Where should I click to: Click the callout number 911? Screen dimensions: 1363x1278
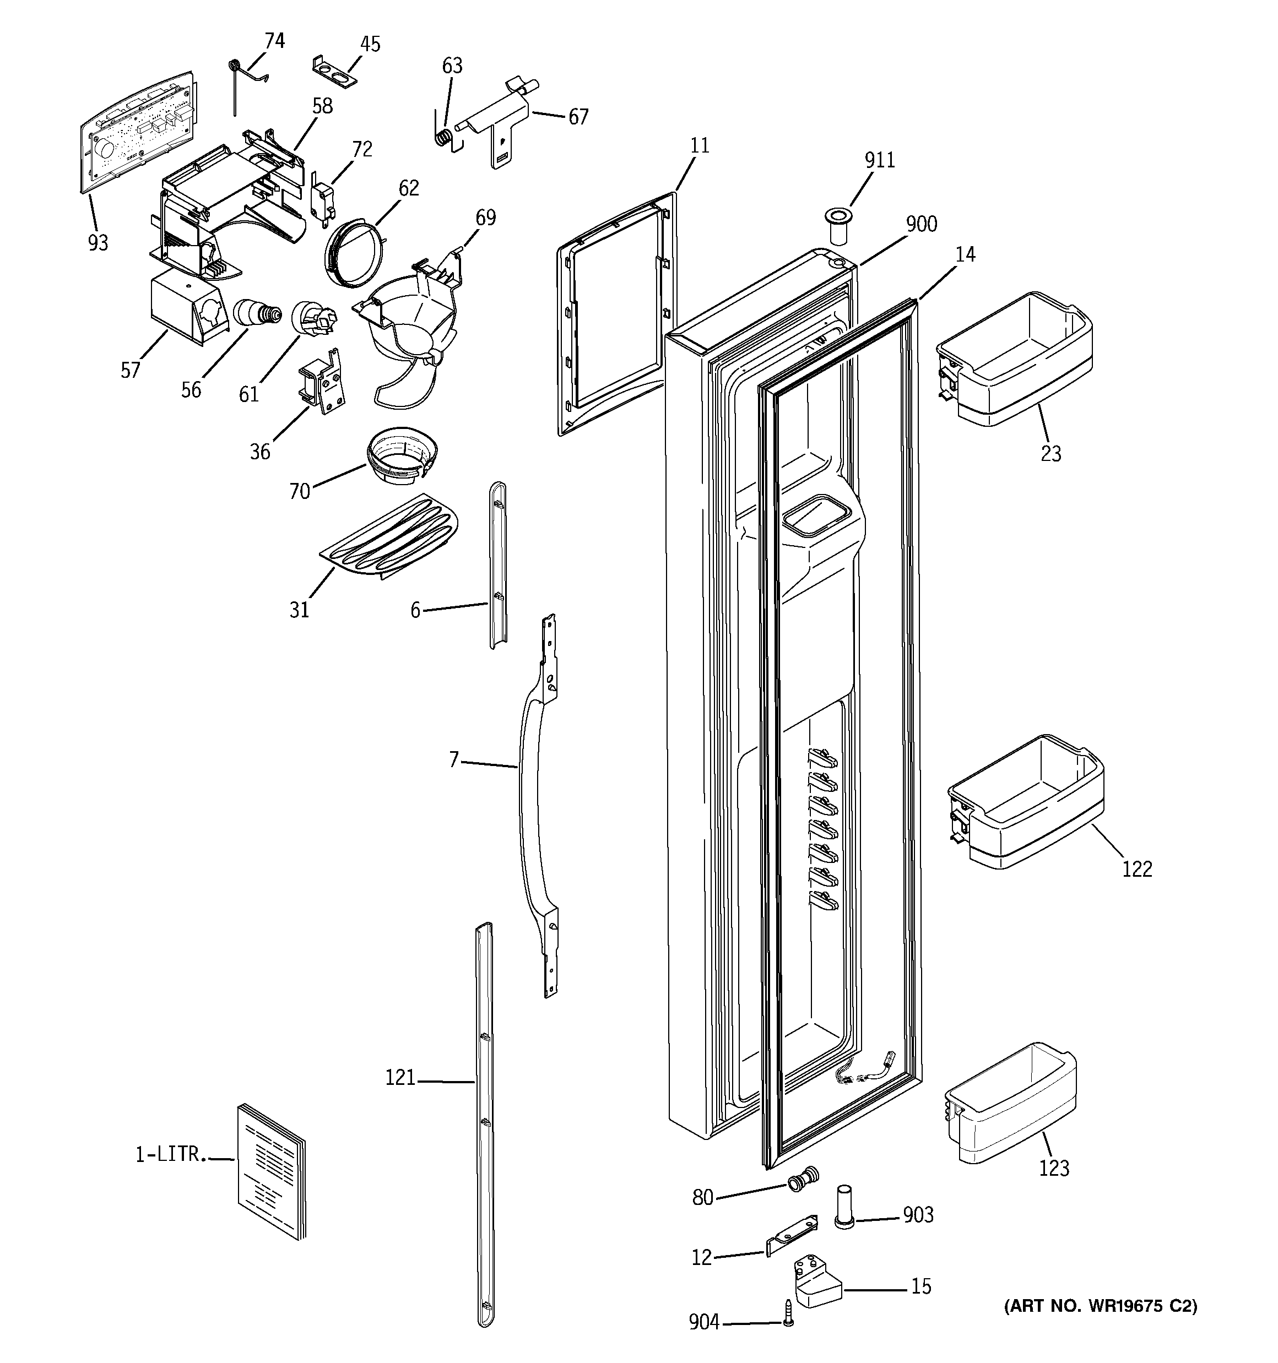[x=879, y=160]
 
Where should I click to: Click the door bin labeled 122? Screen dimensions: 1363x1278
[x=1026, y=802]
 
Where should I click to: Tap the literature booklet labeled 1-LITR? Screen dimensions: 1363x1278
[x=272, y=1170]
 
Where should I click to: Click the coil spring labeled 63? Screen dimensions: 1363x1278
[x=444, y=136]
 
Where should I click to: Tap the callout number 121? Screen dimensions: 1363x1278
[x=400, y=1078]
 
